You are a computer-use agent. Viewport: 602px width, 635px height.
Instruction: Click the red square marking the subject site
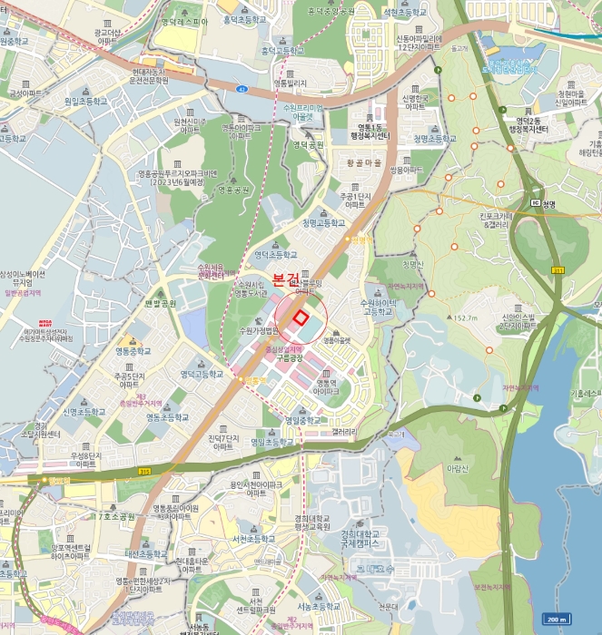click(x=301, y=317)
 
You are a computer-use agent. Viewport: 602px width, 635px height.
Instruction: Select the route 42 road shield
click(x=242, y=89)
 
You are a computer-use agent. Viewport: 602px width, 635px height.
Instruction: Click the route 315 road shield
click(x=144, y=472)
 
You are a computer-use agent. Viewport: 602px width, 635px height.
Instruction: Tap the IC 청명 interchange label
click(x=543, y=204)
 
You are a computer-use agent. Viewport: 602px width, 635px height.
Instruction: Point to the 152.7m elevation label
click(x=465, y=318)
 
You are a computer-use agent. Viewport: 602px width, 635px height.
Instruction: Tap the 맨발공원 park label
click(x=161, y=304)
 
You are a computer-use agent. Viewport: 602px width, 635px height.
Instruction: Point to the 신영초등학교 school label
click(x=84, y=411)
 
